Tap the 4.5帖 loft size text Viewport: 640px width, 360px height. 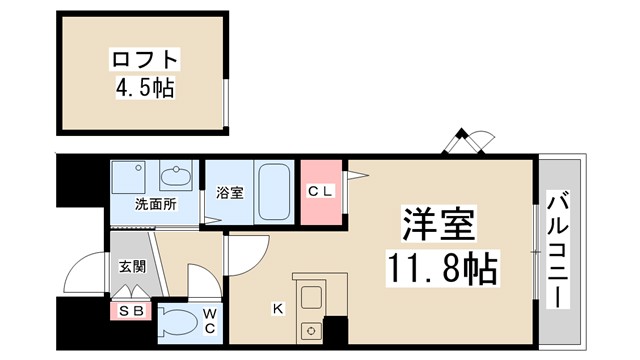click(x=144, y=89)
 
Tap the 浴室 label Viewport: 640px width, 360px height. click(x=230, y=193)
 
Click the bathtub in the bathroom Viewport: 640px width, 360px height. click(x=273, y=193)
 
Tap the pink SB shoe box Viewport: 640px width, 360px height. click(x=130, y=311)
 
